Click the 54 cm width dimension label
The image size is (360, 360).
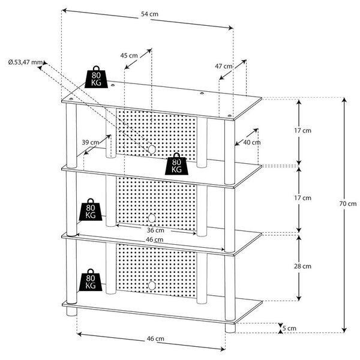[x=149, y=14]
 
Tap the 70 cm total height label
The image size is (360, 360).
[x=348, y=203]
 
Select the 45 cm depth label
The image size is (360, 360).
[x=129, y=56]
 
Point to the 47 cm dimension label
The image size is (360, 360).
[x=224, y=66]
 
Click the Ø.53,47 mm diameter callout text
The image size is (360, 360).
[x=25, y=62]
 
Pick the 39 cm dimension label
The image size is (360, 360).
[x=91, y=142]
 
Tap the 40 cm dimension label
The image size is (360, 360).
[x=252, y=142]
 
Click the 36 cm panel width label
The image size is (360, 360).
[x=155, y=230]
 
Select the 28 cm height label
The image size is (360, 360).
[x=302, y=266]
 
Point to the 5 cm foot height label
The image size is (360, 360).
[x=289, y=328]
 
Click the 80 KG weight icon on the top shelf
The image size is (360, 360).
[x=96, y=77]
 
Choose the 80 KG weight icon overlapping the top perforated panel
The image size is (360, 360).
[x=176, y=164]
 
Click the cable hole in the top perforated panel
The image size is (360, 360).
[x=152, y=149]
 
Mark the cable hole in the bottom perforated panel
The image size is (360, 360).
[x=151, y=286]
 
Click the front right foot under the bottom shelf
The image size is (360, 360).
[x=230, y=328]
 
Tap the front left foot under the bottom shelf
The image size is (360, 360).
[x=71, y=312]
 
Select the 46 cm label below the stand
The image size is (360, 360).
[x=155, y=338]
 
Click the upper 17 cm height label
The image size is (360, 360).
[x=302, y=130]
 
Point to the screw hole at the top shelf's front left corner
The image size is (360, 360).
[x=70, y=99]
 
